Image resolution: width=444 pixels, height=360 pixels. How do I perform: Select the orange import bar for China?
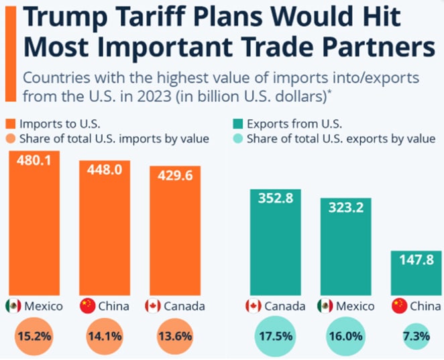pyautogui.click(x=104, y=228)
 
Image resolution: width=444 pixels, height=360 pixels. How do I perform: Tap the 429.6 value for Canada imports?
pyautogui.click(x=174, y=175)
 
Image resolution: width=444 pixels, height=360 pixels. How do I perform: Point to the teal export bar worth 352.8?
pyautogui.click(x=276, y=248)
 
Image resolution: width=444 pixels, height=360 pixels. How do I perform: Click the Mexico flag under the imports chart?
pyautogui.click(x=13, y=306)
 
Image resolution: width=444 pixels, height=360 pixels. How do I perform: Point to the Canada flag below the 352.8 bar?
pyautogui.click(x=254, y=306)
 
